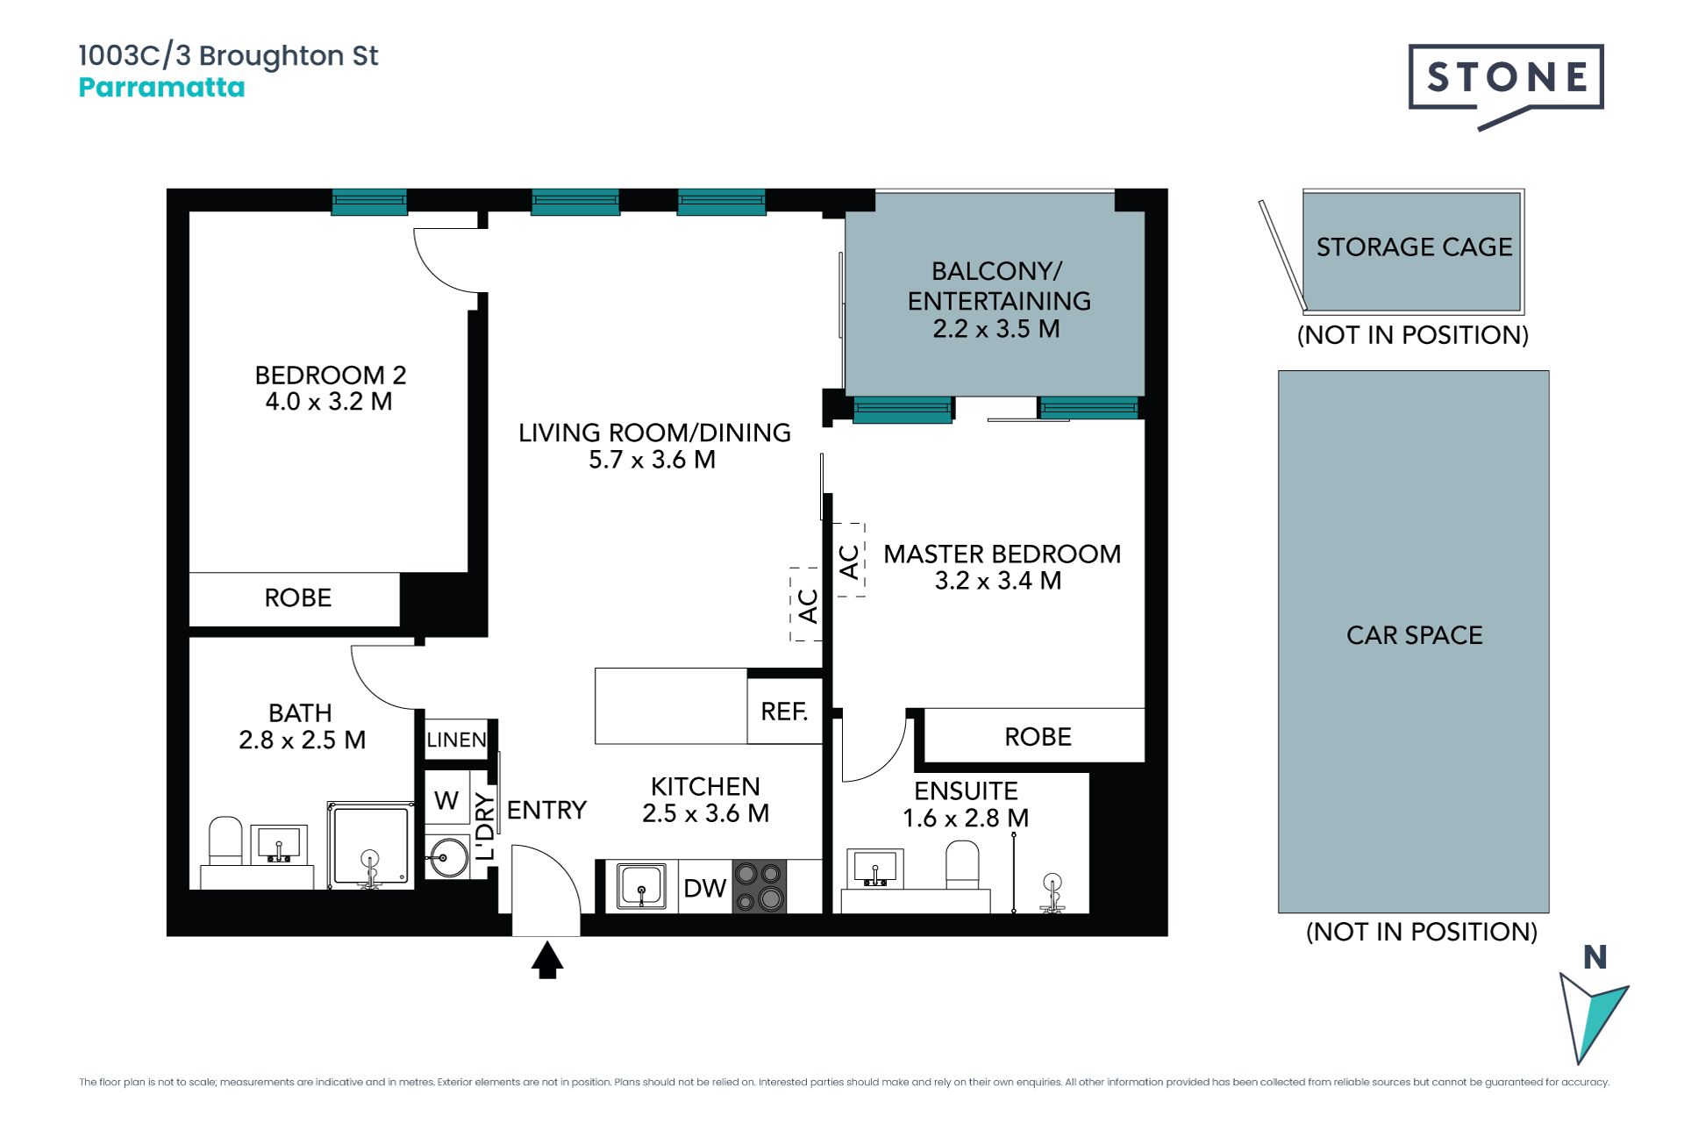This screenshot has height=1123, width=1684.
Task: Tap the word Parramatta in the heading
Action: [x=161, y=88]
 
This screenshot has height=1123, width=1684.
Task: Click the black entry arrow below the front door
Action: [x=547, y=960]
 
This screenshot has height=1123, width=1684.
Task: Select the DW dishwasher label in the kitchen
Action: [x=705, y=888]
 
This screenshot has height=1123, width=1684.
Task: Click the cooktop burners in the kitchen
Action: [x=760, y=886]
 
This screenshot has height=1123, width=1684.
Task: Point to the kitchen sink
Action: [x=641, y=886]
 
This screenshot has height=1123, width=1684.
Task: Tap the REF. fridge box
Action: [x=785, y=712]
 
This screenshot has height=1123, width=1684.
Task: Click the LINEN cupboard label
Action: [x=456, y=740]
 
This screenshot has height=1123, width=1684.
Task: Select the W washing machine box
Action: [x=446, y=799]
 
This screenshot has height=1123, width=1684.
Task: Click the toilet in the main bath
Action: [x=225, y=842]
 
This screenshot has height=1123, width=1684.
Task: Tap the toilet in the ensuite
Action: [x=962, y=866]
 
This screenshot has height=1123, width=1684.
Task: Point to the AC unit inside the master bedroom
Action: [x=849, y=561]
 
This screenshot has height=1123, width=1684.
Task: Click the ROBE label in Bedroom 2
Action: [x=298, y=597]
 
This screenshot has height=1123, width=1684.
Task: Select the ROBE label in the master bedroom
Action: [x=1038, y=736]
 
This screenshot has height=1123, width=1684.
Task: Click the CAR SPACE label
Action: [x=1414, y=634]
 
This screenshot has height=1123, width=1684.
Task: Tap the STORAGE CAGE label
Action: [x=1414, y=247]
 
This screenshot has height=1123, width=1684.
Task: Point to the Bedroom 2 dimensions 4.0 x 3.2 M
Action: [x=329, y=401]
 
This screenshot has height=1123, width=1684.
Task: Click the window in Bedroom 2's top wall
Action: [x=369, y=202]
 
